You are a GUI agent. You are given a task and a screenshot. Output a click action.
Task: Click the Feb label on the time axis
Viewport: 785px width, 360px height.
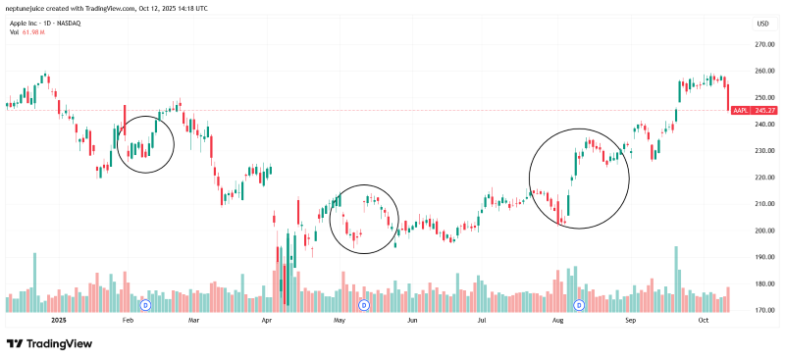coord(127,321)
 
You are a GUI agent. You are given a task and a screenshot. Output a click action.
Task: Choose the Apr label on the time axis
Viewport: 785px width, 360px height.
coord(266,321)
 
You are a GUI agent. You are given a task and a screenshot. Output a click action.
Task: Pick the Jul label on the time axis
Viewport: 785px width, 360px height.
coord(482,321)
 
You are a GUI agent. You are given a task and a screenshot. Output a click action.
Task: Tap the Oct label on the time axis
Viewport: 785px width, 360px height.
coord(704,321)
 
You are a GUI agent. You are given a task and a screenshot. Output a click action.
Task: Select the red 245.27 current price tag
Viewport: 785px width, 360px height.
coord(751,111)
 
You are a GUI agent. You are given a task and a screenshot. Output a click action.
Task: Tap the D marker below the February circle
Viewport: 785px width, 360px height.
coord(145,306)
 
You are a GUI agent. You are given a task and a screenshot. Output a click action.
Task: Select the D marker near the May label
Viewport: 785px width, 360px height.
coord(364,306)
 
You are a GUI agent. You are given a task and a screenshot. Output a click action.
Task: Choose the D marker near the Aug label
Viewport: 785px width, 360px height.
coord(579,306)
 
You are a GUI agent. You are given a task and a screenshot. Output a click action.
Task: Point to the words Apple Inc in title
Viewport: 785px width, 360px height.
coord(24,23)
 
